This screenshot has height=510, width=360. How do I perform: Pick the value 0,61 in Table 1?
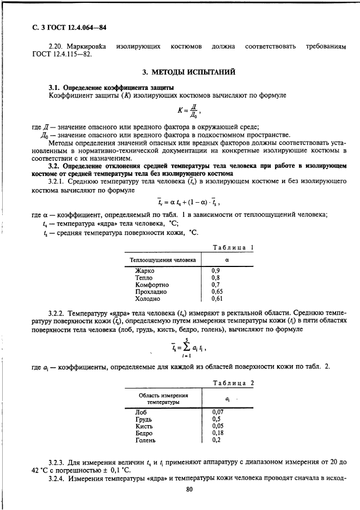[x=217, y=299]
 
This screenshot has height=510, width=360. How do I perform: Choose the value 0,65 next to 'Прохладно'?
[x=217, y=292]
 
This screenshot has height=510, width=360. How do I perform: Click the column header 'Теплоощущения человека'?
[x=162, y=260]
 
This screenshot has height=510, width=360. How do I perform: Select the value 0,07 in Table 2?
[x=218, y=412]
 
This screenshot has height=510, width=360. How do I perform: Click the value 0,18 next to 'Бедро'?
[x=218, y=433]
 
